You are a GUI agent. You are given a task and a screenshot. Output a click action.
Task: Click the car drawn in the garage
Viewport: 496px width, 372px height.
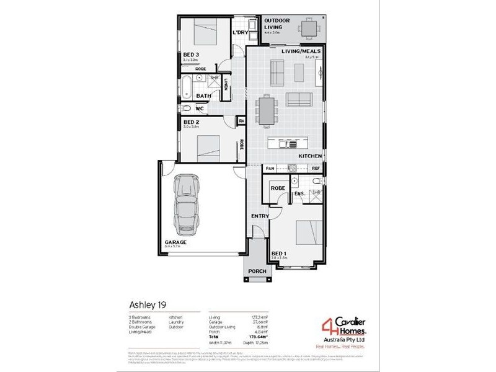(187, 203)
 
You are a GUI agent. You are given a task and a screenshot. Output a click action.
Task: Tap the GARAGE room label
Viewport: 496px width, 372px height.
(176, 242)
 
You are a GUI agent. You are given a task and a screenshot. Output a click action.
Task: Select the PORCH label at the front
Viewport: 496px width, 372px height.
(257, 272)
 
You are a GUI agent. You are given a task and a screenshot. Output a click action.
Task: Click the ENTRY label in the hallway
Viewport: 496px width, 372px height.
(259, 216)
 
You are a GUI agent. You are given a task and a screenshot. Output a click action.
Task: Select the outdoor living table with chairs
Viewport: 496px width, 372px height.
(308, 28)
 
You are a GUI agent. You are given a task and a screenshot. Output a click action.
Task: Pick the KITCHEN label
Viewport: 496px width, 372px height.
(309, 156)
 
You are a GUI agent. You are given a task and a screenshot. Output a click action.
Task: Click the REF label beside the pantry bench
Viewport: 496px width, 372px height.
(316, 168)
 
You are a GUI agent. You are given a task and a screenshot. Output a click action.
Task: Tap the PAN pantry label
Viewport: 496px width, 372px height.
(270, 168)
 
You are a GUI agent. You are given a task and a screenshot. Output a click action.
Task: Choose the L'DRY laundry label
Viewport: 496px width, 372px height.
(240, 32)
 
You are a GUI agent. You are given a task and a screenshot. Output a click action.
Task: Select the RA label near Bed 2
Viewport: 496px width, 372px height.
(241, 121)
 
